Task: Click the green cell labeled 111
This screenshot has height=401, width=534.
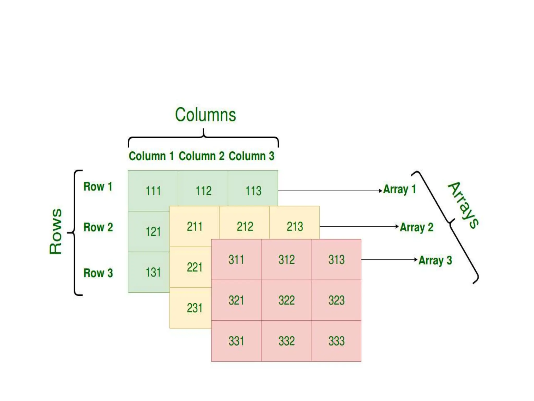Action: point(153,191)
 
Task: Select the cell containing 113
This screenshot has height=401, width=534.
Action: point(253,191)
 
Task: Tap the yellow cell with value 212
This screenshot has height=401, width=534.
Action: point(245,226)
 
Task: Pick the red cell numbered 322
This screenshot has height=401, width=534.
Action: point(286,300)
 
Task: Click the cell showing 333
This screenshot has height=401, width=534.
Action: point(336,341)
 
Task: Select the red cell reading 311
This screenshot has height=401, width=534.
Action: point(236,260)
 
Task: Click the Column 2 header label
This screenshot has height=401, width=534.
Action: point(201,156)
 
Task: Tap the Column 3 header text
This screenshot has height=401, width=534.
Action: point(251,156)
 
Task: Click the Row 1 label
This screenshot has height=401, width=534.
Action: point(98,187)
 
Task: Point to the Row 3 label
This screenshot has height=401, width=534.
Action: point(98,273)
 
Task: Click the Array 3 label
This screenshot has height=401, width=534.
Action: point(435,261)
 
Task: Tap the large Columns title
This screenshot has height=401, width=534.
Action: point(205,115)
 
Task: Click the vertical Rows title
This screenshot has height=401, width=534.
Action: point(56,231)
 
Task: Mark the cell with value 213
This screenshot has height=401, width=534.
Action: point(295,226)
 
